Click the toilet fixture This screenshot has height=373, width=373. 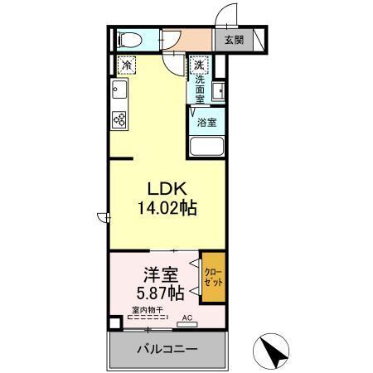point(128,39)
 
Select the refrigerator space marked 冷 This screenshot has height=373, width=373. point(127,63)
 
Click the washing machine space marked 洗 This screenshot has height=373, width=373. point(198,64)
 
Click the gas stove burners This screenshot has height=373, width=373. point(118,119)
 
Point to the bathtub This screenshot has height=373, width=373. point(207,150)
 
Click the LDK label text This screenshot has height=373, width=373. point(166,187)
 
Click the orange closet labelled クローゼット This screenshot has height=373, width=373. point(212,278)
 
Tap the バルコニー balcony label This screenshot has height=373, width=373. point(167,349)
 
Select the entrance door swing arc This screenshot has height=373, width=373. point(222,15)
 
